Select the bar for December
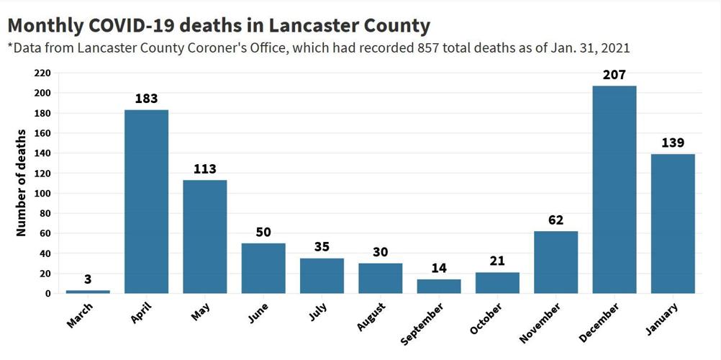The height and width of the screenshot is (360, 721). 614,189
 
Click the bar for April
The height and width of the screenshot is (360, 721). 146,202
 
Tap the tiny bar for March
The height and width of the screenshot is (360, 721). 88,292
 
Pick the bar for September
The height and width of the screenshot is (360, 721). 439,286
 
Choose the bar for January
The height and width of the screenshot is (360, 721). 673,223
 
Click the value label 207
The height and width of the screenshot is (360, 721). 614,74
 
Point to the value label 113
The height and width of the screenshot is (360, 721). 205,169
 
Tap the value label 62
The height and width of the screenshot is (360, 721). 556,220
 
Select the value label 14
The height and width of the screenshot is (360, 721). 439,269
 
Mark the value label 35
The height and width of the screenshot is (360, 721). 322,247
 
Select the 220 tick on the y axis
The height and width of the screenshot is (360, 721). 42,73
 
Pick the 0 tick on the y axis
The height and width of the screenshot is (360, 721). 47,294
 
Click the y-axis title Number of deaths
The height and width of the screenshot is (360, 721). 22,183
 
